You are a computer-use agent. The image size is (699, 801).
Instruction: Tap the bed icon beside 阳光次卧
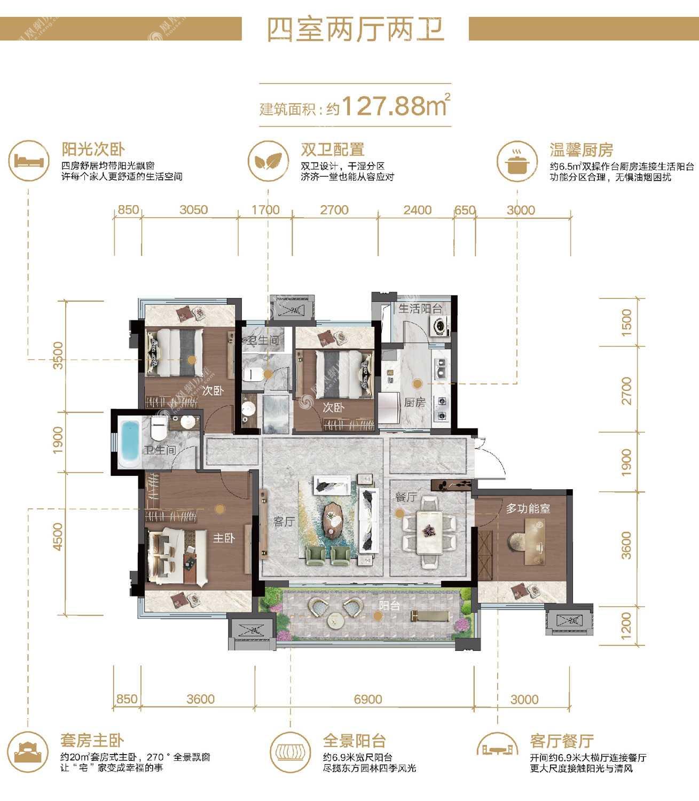(29, 161)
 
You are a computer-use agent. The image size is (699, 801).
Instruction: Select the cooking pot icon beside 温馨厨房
(517, 161)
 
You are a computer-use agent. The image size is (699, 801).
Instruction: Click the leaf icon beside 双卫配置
(268, 161)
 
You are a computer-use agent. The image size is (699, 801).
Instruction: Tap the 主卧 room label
(224, 538)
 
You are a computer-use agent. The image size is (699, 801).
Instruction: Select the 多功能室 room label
(528, 508)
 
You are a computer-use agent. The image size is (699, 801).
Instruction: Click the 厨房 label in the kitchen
(414, 402)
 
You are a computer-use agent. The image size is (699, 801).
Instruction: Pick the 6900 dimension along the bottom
(368, 699)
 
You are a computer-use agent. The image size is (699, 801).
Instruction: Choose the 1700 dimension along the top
(265, 210)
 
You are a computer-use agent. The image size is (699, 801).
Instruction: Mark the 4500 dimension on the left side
(58, 536)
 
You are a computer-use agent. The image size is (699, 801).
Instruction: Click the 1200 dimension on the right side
(626, 626)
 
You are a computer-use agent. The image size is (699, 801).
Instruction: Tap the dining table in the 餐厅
(429, 531)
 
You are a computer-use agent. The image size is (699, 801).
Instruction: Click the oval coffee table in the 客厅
(333, 519)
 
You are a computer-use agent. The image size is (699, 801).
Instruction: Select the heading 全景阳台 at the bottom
(354, 741)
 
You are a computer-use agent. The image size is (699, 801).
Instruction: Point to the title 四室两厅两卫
(355, 29)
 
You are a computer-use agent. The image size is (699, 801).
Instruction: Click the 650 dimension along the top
(465, 210)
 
